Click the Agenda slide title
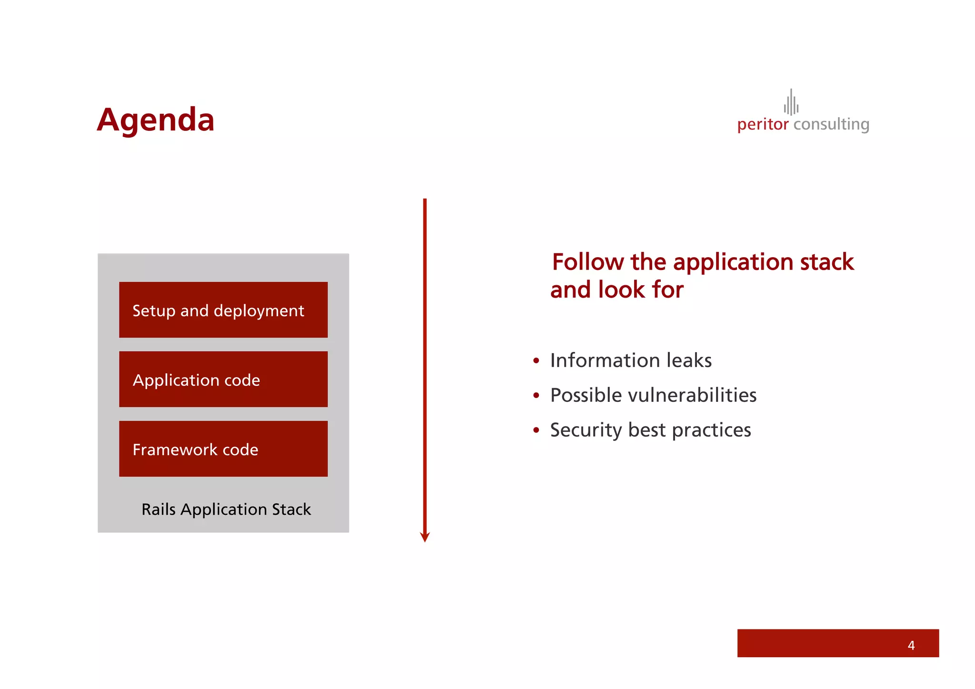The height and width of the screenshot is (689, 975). pos(155,120)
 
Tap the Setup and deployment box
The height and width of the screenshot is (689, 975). pos(223,310)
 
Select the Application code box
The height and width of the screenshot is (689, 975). pos(223,379)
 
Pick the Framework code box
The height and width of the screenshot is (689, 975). pos(223,449)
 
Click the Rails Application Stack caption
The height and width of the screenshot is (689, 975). pos(226,509)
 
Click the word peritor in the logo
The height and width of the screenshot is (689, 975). pos(763,125)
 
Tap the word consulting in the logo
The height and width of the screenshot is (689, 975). pos(831,125)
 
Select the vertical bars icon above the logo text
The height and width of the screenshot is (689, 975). pos(791,103)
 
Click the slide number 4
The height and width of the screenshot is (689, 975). pos(911,645)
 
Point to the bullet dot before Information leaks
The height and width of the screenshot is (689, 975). pos(536,361)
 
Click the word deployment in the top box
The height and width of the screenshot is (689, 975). pos(259,311)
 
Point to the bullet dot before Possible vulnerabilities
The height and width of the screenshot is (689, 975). pos(536,396)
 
